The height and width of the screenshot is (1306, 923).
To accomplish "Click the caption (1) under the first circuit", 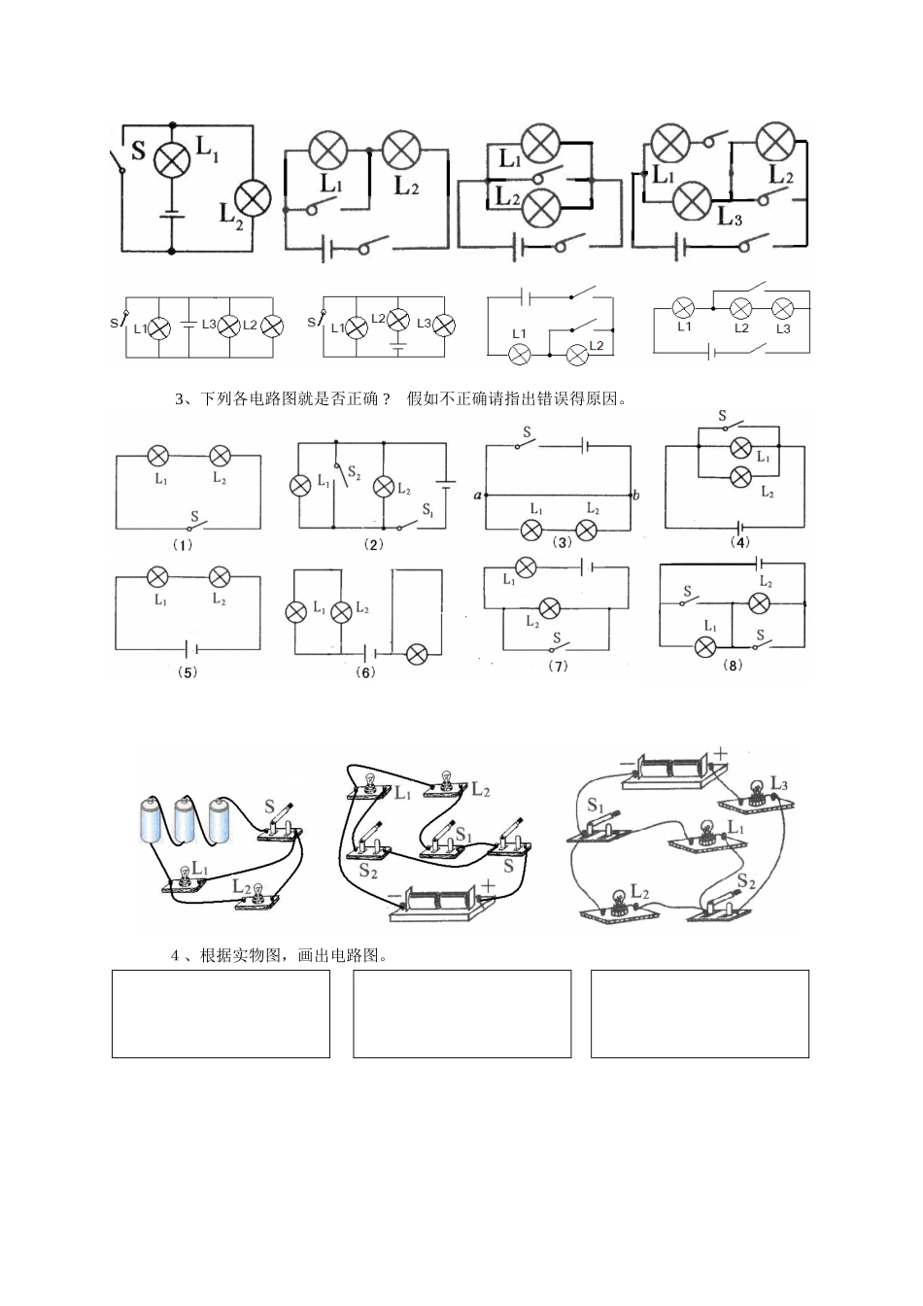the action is (183, 546).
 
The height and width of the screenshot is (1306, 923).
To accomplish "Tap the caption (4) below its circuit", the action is (740, 543).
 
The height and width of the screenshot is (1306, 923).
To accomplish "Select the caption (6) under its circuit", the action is (365, 672).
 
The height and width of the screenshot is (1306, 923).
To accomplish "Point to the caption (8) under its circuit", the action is (733, 666).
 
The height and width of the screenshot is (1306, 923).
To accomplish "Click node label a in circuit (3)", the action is (478, 497).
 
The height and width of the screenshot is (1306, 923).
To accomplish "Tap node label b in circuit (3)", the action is (636, 496).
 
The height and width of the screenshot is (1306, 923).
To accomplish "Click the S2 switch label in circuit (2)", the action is (354, 471).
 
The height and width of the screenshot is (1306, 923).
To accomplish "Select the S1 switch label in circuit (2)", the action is (427, 511).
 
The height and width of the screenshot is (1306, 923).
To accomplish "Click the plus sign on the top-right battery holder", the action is (721, 753).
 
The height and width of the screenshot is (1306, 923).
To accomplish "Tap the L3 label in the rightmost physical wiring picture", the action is (779, 783).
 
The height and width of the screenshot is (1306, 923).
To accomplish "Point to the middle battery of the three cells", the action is (188, 818).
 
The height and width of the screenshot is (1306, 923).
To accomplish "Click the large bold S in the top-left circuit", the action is (138, 151).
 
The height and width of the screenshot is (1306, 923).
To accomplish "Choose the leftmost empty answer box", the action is (221, 1014).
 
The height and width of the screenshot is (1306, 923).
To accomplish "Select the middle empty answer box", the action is (461, 1014).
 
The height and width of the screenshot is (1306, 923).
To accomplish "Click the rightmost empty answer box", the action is (700, 1014).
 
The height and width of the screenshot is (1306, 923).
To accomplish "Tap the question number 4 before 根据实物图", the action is (174, 955).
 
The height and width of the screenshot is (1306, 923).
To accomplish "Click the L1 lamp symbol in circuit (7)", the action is (526, 567).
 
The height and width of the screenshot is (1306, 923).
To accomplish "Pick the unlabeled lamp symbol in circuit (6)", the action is (416, 654).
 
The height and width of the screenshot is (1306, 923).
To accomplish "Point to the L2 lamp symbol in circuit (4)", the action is (741, 477).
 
